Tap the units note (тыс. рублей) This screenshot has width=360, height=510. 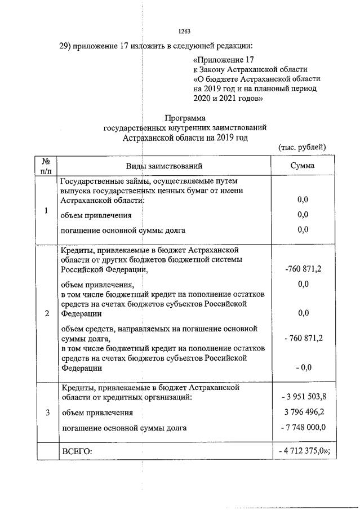tap(302, 147)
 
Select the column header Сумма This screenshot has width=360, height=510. tap(303, 166)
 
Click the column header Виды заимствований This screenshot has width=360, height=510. tap(165, 166)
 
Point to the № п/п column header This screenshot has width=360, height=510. tap(46, 166)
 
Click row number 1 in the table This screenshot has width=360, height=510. tap(46, 210)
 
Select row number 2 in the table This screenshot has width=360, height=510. tap(46, 313)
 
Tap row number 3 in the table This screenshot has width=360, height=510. tap(46, 412)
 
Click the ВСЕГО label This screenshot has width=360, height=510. tap(76, 451)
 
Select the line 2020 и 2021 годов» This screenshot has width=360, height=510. tap(228, 98)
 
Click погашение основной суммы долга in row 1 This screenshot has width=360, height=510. tap(123, 230)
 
